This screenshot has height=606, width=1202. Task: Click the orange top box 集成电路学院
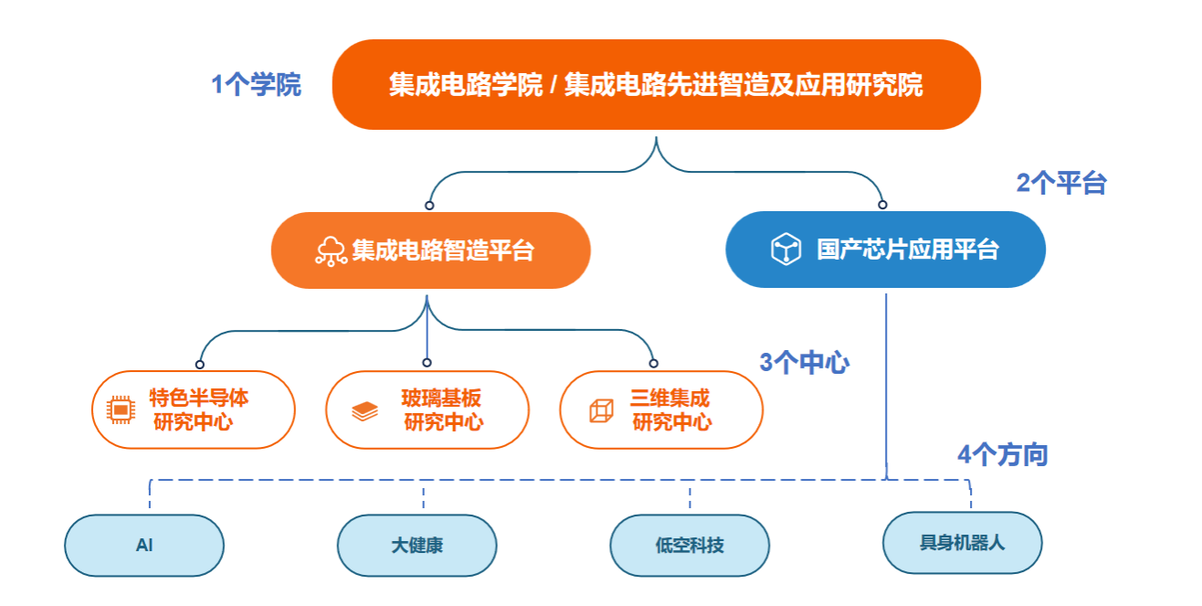tap(656, 85)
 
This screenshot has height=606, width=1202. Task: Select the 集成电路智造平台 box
tap(431, 250)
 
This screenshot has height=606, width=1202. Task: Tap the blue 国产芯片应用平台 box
tap(884, 250)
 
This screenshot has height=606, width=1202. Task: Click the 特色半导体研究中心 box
tap(194, 409)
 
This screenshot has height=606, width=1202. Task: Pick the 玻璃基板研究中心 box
tap(427, 409)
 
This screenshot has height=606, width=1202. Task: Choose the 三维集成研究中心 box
tap(660, 409)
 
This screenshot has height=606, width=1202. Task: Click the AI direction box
tap(144, 546)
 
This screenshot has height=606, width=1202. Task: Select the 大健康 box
tap(416, 546)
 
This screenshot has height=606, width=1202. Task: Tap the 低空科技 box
tap(690, 546)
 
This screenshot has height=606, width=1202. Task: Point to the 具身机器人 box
tap(962, 542)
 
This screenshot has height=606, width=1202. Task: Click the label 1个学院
tap(257, 86)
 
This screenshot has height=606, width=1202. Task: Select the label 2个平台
tap(1061, 184)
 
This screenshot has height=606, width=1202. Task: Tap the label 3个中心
tap(805, 363)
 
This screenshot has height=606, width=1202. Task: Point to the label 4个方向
tap(1002, 455)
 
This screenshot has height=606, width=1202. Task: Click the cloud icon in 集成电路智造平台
tap(331, 250)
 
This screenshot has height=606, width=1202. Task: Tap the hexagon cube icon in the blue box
tap(786, 250)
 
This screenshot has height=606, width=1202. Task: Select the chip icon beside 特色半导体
tap(120, 410)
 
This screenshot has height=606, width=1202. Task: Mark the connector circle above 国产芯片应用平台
tap(882, 205)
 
